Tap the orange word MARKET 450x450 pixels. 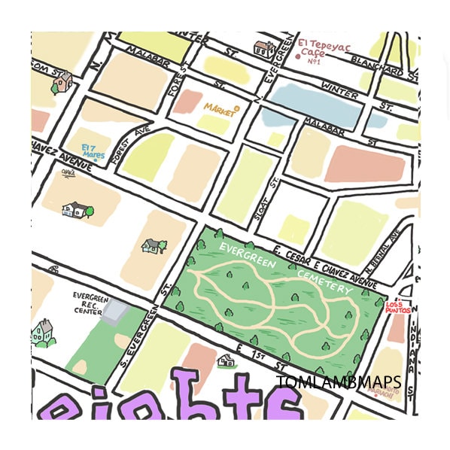pos(220,108)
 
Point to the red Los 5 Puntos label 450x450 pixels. pos(398,306)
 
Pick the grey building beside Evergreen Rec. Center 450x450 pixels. pos(115,310)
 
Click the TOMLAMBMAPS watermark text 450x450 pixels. pos(338,382)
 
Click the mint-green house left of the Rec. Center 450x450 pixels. pos(43,332)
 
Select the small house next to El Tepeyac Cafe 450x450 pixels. pos(264,50)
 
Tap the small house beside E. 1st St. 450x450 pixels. pos(225,361)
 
